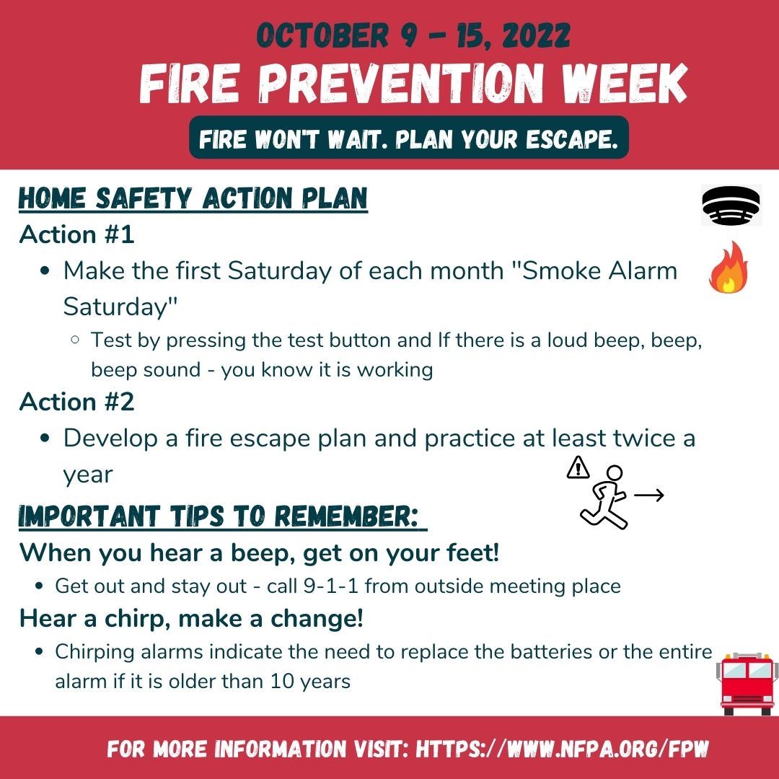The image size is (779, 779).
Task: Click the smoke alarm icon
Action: tap(731, 205)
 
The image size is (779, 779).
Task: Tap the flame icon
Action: tap(729, 267)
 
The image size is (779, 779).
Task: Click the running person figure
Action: tap(605, 496)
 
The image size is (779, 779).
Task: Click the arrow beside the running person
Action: tap(648, 496)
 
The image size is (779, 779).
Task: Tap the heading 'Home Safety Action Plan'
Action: tap(193, 199)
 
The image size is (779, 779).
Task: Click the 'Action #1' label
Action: tap(77, 234)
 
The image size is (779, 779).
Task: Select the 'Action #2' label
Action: tap(77, 402)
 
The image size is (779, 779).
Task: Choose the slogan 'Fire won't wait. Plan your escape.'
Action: tap(408, 137)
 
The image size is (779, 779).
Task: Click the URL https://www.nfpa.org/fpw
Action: tap(563, 748)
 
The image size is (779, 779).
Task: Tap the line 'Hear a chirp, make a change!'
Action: tap(191, 618)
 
